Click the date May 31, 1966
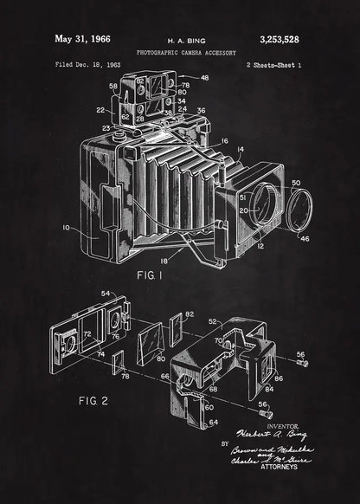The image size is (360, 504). coord(84,38)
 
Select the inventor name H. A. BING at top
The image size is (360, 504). coord(181,40)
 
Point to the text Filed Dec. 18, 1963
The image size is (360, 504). coord(87,64)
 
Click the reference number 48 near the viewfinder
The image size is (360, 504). coord(205,78)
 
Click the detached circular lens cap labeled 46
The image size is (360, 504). coord(299,214)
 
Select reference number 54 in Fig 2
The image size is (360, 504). coord(106,294)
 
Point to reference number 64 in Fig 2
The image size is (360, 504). coord(214,422)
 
